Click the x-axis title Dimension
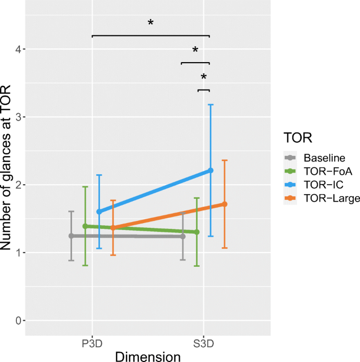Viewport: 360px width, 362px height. (148, 356)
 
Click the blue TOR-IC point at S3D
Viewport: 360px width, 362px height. (211, 170)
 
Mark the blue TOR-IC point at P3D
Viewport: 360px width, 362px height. (99, 212)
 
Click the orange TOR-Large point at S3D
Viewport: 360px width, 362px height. (224, 204)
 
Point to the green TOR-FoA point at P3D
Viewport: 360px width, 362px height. (85, 226)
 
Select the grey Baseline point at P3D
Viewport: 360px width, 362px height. (71, 236)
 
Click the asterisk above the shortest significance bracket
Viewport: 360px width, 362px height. (203, 78)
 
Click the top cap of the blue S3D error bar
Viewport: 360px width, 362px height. (211, 105)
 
